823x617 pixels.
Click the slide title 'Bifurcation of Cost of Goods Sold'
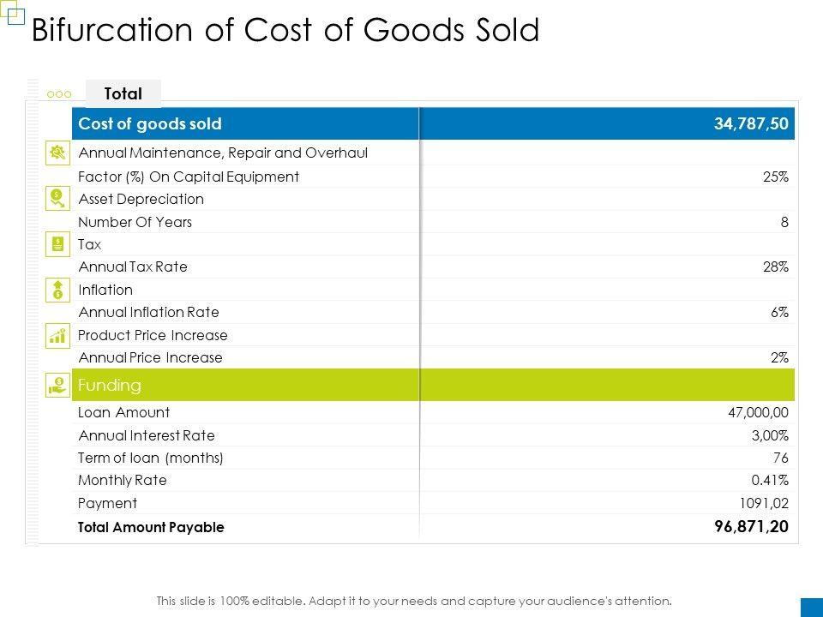pyautogui.click(x=285, y=31)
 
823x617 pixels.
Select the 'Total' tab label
pyautogui.click(x=123, y=93)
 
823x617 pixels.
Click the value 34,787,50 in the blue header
pyautogui.click(x=751, y=124)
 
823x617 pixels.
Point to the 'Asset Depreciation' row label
pyautogui.click(x=141, y=199)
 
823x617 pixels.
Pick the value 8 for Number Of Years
pyautogui.click(x=784, y=222)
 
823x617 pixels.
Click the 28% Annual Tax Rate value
pyautogui.click(x=775, y=267)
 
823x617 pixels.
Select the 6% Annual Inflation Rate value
pyautogui.click(x=778, y=313)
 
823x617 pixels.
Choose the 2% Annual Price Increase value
pyautogui.click(x=778, y=357)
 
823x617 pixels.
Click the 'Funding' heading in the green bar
pyautogui.click(x=109, y=385)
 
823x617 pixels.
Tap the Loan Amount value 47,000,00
pyautogui.click(x=758, y=412)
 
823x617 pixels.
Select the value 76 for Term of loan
pyautogui.click(x=780, y=458)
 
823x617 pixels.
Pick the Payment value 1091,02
pyautogui.click(x=765, y=503)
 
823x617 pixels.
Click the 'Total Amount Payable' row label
pyautogui.click(x=151, y=527)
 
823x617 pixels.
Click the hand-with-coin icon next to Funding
pyautogui.click(x=57, y=385)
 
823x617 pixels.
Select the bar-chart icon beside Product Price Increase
pyautogui.click(x=57, y=336)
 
